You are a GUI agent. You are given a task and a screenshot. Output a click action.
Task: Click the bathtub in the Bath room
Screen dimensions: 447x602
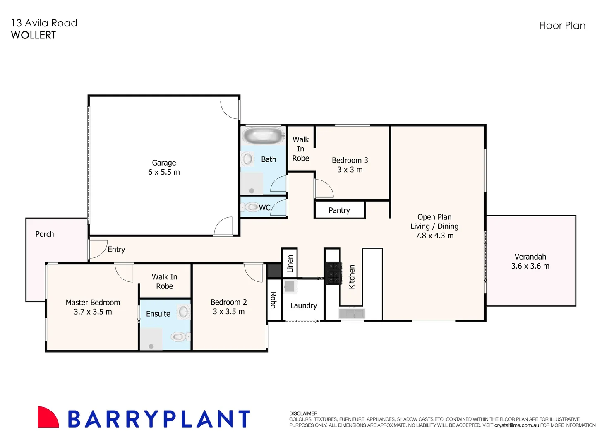(x=264, y=135)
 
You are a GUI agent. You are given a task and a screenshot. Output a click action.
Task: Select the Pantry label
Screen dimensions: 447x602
(x=339, y=210)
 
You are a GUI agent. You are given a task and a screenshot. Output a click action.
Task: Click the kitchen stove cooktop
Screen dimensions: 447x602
(x=333, y=273)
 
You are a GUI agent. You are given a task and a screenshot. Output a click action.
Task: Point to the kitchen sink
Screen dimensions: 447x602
(x=352, y=314)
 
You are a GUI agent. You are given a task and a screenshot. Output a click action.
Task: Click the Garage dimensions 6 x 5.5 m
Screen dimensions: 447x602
(x=164, y=172)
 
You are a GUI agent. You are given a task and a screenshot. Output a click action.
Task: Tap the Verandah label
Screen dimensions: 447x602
(x=530, y=257)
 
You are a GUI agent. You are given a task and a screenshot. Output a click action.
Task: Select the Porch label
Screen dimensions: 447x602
(x=45, y=234)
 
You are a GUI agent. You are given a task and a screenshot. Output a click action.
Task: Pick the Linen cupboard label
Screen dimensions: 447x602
(x=290, y=263)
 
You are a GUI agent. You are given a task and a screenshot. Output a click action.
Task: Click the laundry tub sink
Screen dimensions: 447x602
(x=290, y=286)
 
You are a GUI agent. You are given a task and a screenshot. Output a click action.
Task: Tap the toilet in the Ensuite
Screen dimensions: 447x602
(x=179, y=336)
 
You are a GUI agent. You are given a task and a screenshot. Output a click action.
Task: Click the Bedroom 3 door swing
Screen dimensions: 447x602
(x=324, y=189)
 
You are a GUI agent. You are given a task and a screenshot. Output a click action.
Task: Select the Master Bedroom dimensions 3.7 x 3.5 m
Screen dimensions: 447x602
(x=93, y=312)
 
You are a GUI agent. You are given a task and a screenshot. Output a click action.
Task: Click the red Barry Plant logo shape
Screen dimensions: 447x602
(x=47, y=417)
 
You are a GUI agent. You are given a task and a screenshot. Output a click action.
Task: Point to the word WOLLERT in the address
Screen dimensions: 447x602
(x=34, y=36)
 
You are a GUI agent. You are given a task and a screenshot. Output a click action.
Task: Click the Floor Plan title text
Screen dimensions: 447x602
(x=562, y=26)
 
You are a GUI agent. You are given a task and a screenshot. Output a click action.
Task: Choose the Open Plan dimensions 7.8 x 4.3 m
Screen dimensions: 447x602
(x=434, y=236)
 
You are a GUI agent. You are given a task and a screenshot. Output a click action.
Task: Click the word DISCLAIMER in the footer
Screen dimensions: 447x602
(x=303, y=413)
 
